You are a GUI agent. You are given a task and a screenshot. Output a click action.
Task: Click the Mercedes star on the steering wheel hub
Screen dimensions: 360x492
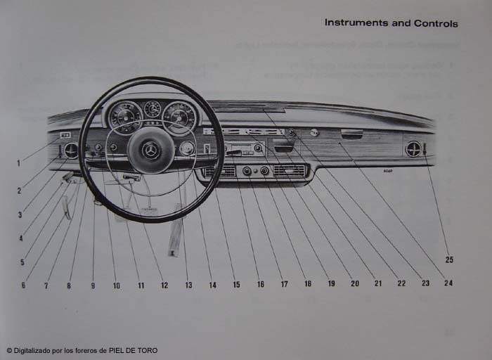(x=150, y=150)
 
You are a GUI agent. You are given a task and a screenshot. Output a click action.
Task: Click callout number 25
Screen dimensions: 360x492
(x=449, y=259)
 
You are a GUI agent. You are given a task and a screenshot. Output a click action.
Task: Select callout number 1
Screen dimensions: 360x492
(x=18, y=164)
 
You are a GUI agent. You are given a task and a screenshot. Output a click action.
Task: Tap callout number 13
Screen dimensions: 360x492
(x=188, y=285)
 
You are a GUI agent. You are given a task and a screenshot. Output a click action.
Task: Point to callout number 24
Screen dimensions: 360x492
(x=448, y=283)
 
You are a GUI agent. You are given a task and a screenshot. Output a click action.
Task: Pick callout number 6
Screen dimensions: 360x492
(x=23, y=285)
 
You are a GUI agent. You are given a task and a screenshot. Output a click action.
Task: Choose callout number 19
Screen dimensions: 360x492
(x=331, y=284)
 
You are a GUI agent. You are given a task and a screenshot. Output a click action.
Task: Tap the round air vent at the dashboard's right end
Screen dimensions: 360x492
(x=413, y=148)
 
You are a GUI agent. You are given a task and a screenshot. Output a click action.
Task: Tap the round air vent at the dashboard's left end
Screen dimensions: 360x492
(x=71, y=150)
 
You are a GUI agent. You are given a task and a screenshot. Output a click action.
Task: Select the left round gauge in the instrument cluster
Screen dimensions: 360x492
(x=126, y=117)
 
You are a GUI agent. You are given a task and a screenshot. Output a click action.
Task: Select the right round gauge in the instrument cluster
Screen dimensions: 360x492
(x=179, y=116)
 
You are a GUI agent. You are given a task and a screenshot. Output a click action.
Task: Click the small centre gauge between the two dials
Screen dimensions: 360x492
(x=153, y=109)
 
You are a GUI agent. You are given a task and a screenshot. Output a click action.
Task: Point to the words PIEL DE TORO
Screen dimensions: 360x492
(x=133, y=350)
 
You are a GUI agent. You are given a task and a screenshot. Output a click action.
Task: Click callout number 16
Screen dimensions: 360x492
(x=260, y=285)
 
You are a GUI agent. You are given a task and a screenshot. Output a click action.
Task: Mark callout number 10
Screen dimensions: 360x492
(x=116, y=285)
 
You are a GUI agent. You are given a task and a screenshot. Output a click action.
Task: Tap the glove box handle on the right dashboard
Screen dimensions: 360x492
(x=351, y=133)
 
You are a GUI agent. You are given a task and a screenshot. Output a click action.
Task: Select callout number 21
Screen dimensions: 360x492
(x=378, y=283)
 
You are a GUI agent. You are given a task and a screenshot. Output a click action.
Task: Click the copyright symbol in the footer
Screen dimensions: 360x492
(x=9, y=350)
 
